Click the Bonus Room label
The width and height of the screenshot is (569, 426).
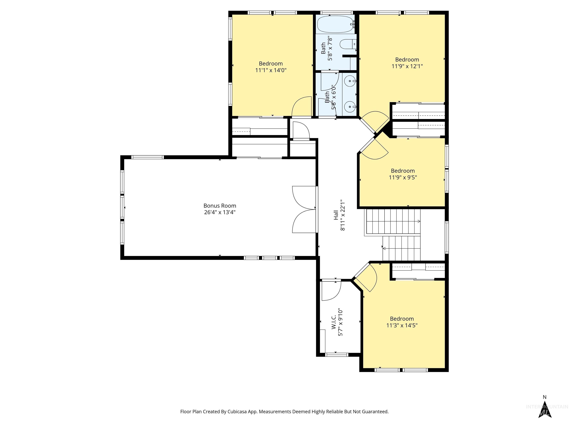[220, 206]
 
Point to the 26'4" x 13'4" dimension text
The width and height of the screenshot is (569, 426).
[220, 212]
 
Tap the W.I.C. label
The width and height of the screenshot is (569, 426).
[334, 322]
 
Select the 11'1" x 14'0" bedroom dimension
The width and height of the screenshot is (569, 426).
[271, 70]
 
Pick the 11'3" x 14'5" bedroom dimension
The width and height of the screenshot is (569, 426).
[402, 325]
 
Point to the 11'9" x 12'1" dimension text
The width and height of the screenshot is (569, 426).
[407, 66]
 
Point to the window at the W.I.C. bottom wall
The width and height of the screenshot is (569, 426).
[337, 355]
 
